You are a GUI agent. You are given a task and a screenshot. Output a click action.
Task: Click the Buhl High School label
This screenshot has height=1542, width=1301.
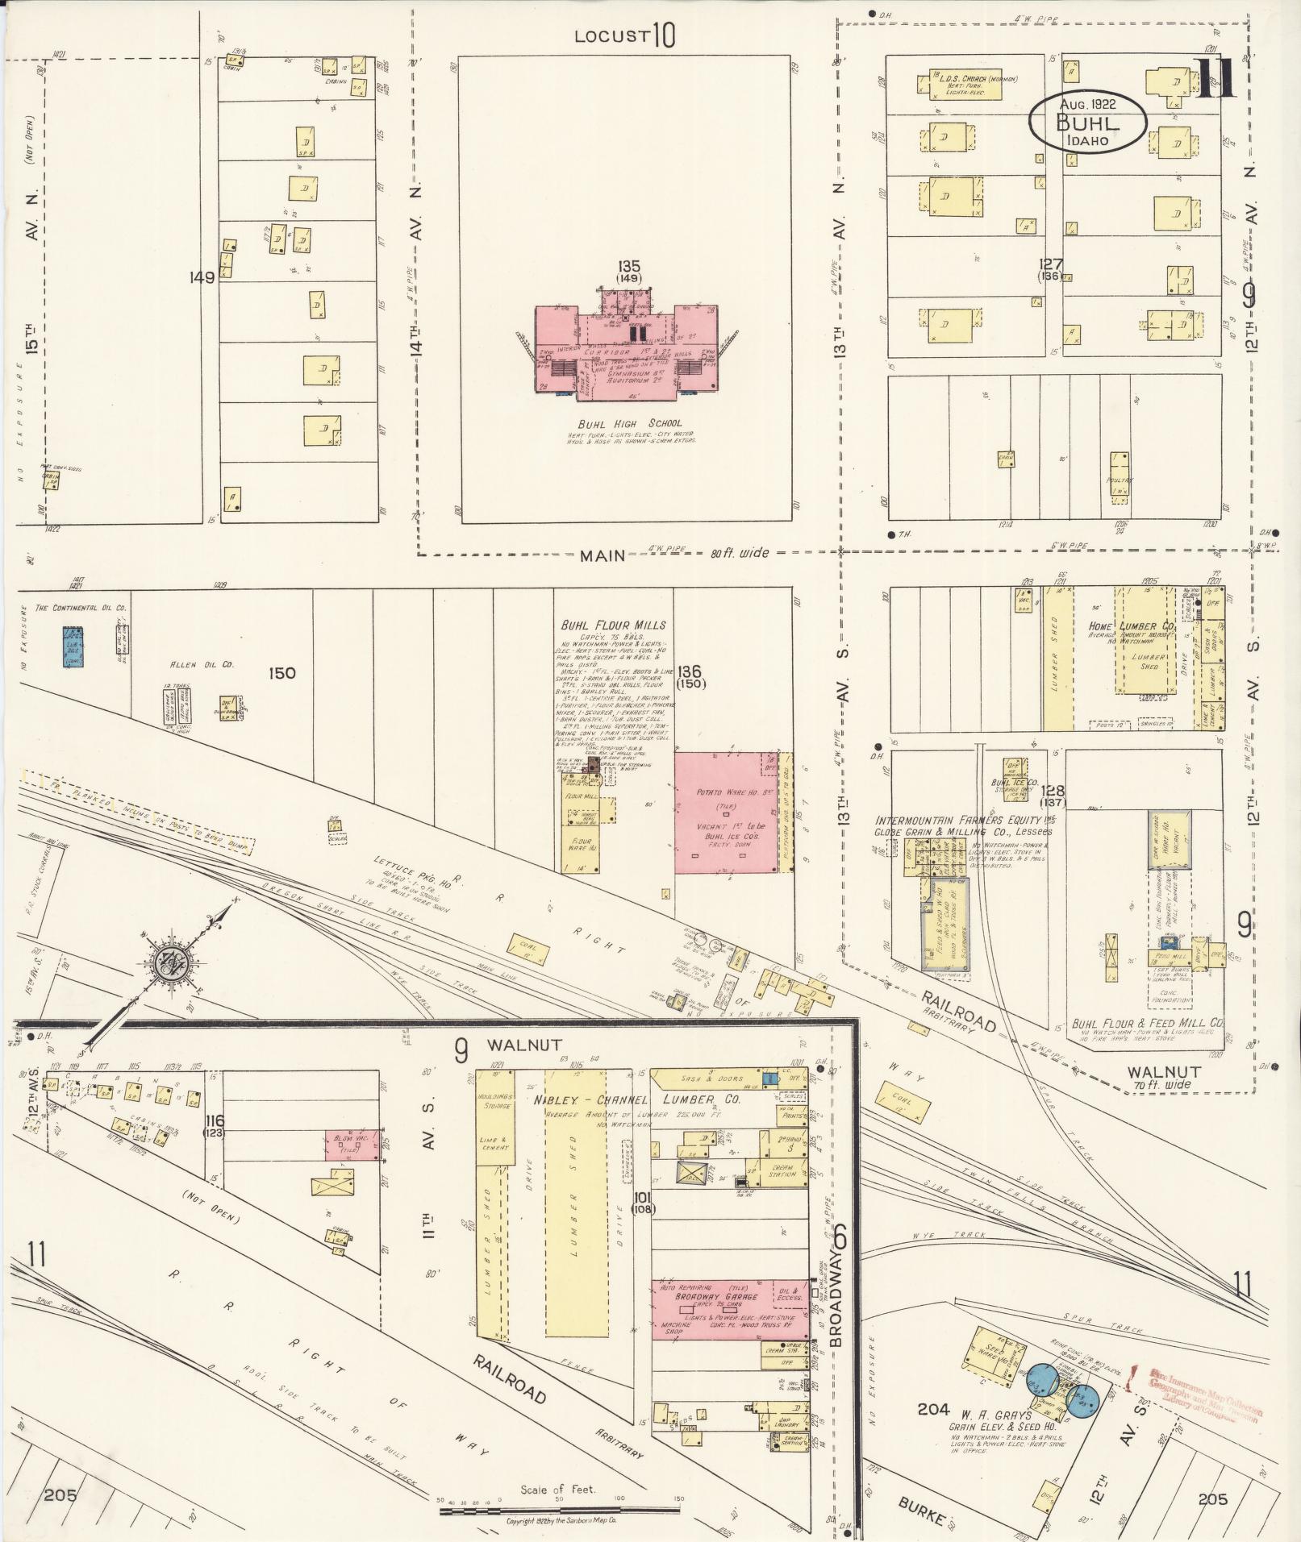point(628,423)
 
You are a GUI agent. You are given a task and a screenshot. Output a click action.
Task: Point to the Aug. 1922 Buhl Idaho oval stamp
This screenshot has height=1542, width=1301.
point(1087,121)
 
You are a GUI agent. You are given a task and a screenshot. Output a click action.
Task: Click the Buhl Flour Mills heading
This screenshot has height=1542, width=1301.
point(614,625)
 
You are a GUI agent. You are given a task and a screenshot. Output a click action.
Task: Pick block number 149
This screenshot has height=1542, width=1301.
point(202,278)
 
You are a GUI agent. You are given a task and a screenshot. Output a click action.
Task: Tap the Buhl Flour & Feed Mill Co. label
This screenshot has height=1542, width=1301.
point(1145,1023)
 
